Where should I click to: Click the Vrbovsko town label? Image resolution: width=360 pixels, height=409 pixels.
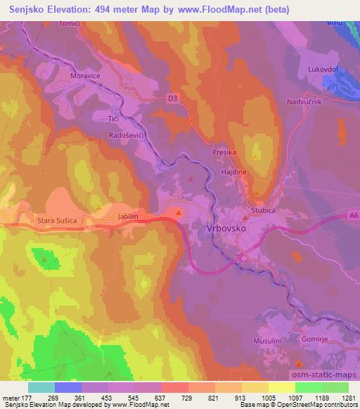coord(228,228)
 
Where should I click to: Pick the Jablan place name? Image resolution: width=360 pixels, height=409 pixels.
coord(129,216)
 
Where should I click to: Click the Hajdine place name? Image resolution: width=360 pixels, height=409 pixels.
coord(233,171)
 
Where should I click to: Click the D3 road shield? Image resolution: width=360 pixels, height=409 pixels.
coord(173,99)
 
